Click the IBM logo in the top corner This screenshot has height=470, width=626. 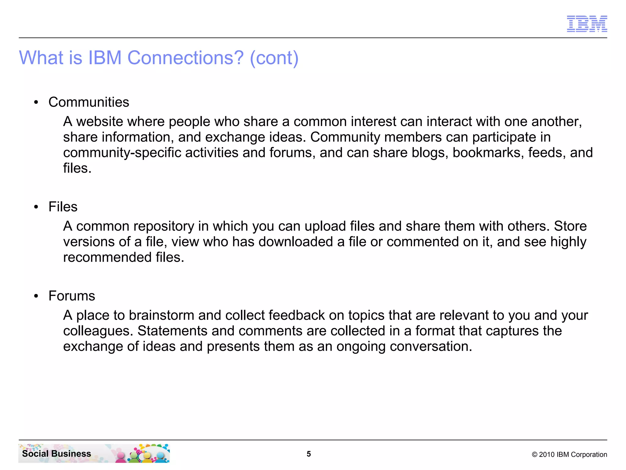[587, 24]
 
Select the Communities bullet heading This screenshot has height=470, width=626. [89, 102]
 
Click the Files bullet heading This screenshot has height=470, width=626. [63, 207]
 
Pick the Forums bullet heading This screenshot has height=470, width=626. [72, 296]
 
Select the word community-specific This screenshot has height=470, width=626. [122, 153]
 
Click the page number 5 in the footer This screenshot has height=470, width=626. [309, 454]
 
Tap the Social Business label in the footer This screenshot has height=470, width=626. [57, 454]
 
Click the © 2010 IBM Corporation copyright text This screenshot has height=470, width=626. [569, 455]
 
